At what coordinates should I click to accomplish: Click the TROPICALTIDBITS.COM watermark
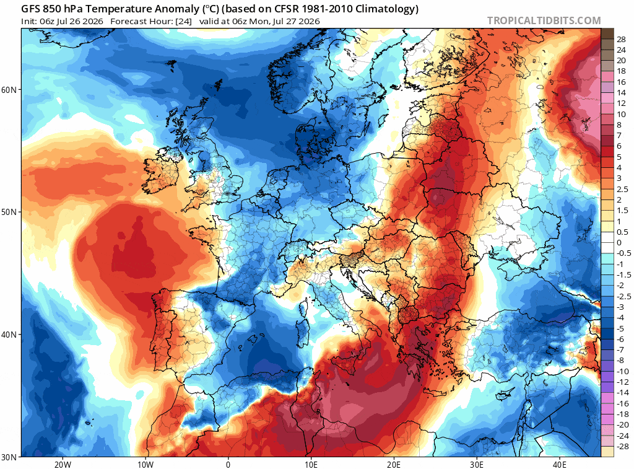pos(544,20)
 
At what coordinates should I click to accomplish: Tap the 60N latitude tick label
pos(9,89)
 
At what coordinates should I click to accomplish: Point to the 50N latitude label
pos(9,212)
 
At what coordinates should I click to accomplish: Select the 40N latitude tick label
pos(9,335)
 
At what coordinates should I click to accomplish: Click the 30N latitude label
pos(9,457)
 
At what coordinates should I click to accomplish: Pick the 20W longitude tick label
pos(63,464)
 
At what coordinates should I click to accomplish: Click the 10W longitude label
pos(145,464)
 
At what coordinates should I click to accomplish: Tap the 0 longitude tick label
pos(228,464)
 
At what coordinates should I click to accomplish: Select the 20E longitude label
pos(394,464)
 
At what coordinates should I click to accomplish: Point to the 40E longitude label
pos(560,464)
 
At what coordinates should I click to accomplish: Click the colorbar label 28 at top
pos(621,39)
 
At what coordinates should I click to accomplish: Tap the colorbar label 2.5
pos(622,189)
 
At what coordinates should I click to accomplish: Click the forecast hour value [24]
pos(183,22)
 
